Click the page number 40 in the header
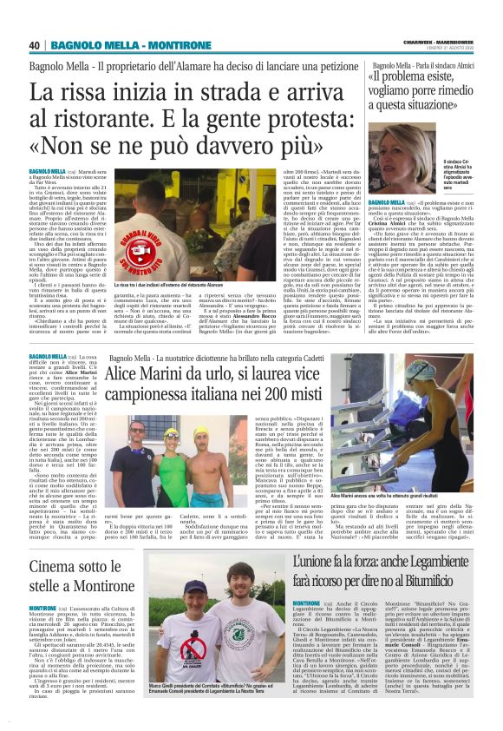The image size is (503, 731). [x=35, y=45]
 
